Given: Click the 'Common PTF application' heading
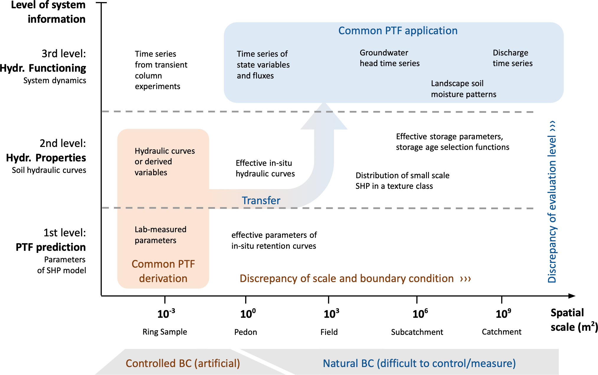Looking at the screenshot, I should [398, 31].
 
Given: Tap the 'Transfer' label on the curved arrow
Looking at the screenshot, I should [261, 201].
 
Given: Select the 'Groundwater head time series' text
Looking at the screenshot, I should [389, 58].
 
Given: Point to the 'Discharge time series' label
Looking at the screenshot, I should [512, 58].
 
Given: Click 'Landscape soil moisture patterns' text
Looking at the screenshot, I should [463, 89].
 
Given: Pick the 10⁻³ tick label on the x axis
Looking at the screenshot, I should [166, 314].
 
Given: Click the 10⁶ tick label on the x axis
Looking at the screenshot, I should [420, 314].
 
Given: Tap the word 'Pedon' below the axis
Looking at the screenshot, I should [245, 332].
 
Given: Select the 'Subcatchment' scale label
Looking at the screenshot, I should [417, 332].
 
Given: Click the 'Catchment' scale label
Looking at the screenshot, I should [502, 332].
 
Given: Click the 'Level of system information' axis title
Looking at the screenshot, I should [48, 12].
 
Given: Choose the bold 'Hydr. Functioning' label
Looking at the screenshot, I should [43, 68].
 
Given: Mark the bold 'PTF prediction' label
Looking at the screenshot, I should [51, 247].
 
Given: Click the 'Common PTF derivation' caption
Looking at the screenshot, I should [163, 271].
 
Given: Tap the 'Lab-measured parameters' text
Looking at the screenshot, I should [160, 235].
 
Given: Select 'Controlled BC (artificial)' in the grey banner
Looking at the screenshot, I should [183, 363].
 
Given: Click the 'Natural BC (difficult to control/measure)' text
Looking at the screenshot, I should [419, 363].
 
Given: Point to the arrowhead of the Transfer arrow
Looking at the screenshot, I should [324, 117].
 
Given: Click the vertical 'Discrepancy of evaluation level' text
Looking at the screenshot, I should [552, 202].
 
